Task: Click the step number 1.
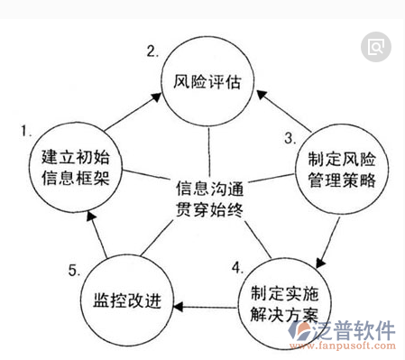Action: [x=26, y=132]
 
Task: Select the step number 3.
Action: [x=290, y=138]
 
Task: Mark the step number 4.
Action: [x=237, y=268]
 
